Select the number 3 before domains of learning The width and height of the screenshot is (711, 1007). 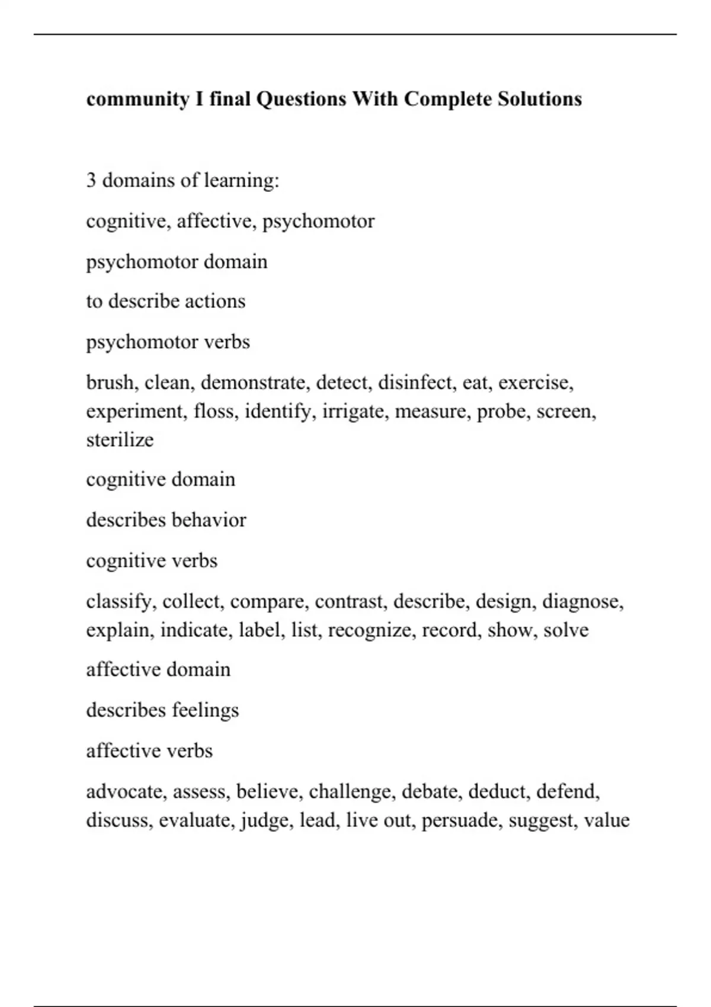[x=91, y=179]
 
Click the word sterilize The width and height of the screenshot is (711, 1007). [x=120, y=440]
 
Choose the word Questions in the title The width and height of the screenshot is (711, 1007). [x=301, y=98]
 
